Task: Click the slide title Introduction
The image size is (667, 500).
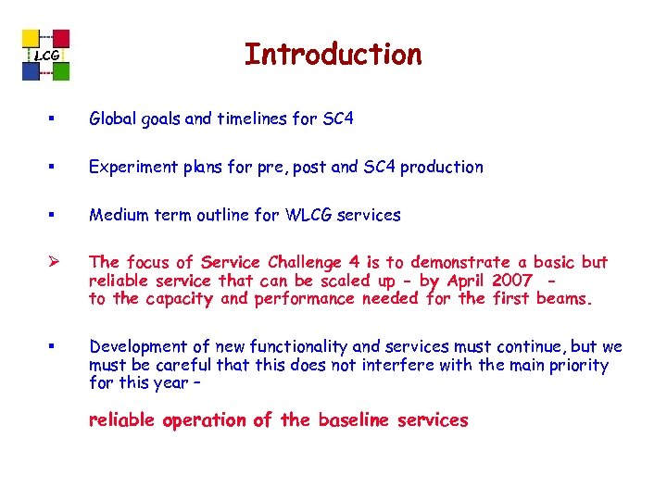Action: click(x=333, y=55)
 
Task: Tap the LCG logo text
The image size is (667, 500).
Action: click(x=46, y=57)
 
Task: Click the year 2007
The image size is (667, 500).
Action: click(x=513, y=281)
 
